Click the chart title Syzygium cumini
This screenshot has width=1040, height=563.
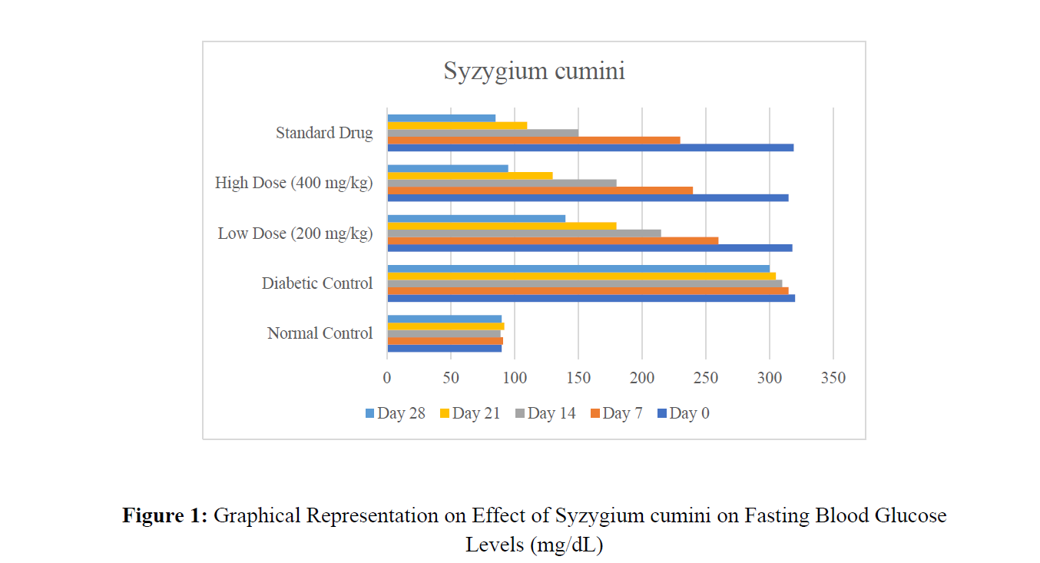coord(534,71)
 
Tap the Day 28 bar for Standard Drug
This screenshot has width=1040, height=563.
coord(442,118)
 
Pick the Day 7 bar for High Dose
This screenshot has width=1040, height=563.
coord(540,190)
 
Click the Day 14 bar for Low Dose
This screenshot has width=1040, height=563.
coord(524,233)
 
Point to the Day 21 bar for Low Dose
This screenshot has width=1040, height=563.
coord(502,226)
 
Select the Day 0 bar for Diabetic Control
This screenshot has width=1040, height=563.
coord(591,298)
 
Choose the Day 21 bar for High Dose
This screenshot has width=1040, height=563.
coord(470,176)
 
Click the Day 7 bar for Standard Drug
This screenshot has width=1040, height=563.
coord(534,141)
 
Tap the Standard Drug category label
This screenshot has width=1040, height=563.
coord(324,133)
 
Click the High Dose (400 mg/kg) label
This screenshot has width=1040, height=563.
coord(293,183)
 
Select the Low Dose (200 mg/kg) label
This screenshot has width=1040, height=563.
coord(295,233)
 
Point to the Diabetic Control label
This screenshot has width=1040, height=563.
coord(317,283)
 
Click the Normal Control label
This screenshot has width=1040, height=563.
coord(320,333)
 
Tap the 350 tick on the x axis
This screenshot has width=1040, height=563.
coord(833,378)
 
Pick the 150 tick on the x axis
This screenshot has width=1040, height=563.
coord(578,378)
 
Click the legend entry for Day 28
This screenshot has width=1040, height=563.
coord(395,414)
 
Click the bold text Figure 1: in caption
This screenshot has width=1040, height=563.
coord(165,515)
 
